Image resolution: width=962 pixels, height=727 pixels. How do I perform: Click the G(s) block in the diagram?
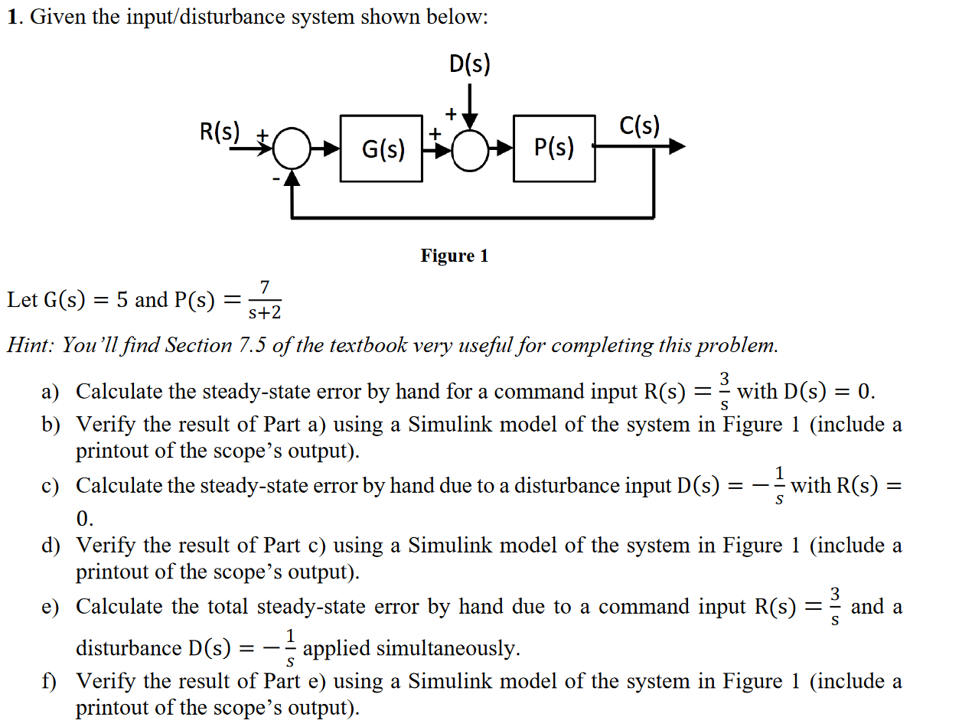coord(381,148)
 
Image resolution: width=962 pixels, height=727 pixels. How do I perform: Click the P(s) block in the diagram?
coord(554,148)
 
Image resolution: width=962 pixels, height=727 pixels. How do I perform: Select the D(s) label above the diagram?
coord(469,65)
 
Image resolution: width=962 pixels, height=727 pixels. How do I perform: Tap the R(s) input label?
coord(220,132)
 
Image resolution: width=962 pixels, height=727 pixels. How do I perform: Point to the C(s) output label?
coord(639,126)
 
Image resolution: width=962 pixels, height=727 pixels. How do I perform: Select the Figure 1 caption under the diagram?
coord(454,256)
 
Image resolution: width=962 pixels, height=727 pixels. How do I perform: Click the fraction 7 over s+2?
coord(265,300)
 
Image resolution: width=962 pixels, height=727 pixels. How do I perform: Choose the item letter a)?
coord(50,393)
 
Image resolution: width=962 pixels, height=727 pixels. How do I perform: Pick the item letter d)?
coord(51,546)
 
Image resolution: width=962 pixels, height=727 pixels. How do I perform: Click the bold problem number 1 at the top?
coord(12,18)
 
